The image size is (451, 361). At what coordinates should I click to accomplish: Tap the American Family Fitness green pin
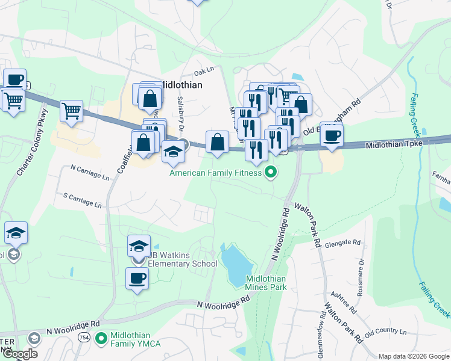pos(271,173)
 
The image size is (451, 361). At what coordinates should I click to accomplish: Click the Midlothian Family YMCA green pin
pos(101,338)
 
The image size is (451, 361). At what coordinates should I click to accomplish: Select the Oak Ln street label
pos(204,70)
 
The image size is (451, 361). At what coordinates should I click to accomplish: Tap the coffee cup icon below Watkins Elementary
pos(137,278)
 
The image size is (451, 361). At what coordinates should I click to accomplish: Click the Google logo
pos(19,354)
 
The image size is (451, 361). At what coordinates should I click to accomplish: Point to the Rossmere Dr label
pos(362,274)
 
